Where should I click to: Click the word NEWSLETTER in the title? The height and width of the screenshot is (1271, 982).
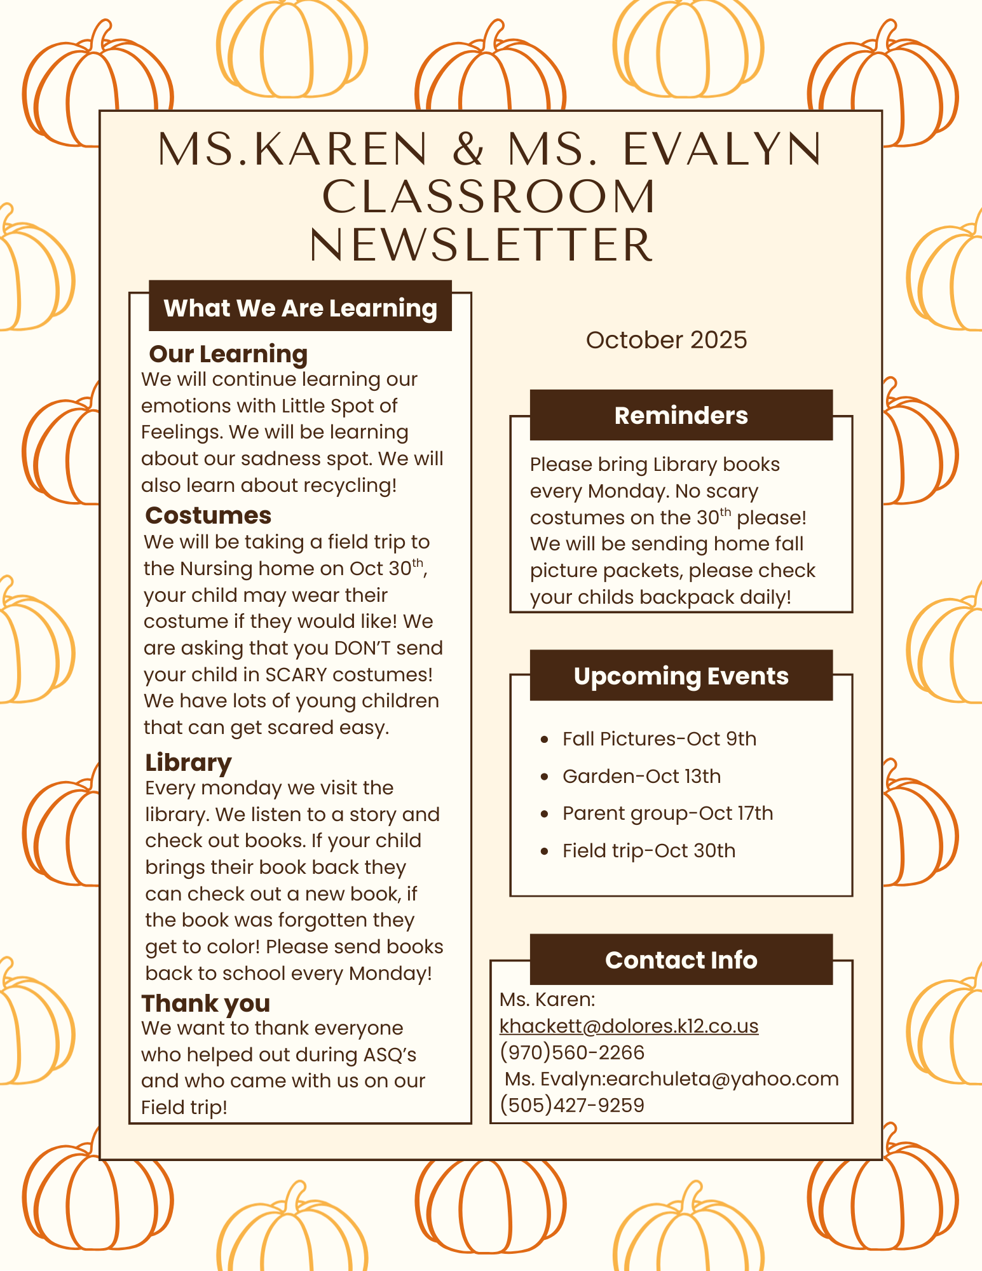tap(481, 245)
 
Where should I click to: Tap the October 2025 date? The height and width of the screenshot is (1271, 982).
tap(666, 340)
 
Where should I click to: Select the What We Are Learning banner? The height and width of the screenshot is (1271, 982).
tap(300, 308)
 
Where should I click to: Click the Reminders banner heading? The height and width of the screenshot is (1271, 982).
tap(681, 415)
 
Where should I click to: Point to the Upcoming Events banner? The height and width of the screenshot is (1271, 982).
tap(681, 676)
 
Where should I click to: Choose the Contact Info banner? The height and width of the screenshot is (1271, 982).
tap(681, 960)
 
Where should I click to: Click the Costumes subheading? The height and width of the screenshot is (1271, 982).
tap(208, 515)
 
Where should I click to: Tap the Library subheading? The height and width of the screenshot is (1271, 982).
tap(188, 762)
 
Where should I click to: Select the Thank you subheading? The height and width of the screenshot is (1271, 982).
tap(205, 1003)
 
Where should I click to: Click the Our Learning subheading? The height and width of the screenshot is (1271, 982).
tap(228, 354)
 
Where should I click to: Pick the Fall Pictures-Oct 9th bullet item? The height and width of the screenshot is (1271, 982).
tap(659, 738)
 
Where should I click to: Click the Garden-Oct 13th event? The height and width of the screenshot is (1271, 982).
tap(641, 776)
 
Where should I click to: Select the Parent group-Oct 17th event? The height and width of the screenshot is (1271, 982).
tap(667, 813)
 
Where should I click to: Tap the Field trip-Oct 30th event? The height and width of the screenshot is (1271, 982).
tap(648, 851)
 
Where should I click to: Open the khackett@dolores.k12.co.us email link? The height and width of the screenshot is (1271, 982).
tap(629, 1026)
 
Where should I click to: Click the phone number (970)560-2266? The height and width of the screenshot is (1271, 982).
tap(572, 1052)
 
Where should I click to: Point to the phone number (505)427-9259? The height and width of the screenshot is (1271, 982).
tap(572, 1105)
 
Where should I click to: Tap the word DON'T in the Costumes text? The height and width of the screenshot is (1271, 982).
tap(357, 648)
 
